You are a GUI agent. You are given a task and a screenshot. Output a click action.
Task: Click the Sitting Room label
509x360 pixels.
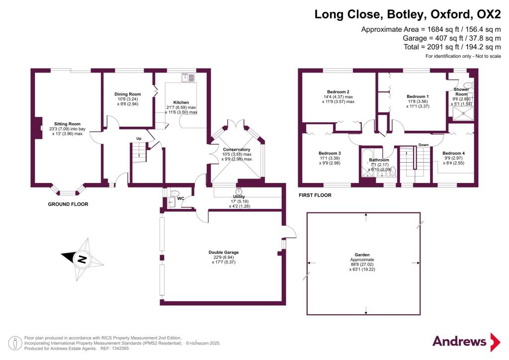point(67,124)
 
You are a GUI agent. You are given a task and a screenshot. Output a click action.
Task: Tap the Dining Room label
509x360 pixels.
point(128,94)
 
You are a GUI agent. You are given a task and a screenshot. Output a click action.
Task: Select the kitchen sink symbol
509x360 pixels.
point(188,77)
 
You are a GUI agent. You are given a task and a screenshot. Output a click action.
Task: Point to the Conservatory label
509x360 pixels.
point(237,149)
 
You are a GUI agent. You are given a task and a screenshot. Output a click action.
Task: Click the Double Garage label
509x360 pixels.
point(224,252)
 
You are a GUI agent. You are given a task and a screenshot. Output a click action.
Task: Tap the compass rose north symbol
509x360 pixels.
point(82,259)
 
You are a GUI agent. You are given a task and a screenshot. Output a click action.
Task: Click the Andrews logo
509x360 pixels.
point(466,342)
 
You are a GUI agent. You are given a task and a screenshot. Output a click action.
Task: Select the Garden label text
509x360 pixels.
point(362,255)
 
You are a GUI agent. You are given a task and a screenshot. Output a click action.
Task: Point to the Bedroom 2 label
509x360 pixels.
point(338,92)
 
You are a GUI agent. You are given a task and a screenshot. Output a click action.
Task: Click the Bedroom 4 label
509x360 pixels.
point(453,153)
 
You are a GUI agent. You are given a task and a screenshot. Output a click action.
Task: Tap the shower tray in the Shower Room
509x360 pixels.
point(463,113)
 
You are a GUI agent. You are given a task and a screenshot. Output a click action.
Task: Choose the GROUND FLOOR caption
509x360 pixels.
point(68,204)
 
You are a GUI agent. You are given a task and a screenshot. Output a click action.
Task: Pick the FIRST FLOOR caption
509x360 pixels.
point(315,195)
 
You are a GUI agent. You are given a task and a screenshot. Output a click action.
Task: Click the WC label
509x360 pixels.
point(181,199)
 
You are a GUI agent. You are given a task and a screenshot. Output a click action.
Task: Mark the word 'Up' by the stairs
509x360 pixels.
point(139,139)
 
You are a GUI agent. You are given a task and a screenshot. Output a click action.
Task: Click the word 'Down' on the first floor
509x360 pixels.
point(424,145)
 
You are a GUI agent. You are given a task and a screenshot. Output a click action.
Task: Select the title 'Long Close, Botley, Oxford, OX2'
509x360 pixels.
point(408,14)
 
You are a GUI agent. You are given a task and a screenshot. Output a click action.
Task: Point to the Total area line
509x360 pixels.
point(452,47)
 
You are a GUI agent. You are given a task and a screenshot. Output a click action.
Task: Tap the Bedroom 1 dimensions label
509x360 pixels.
point(418,103)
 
